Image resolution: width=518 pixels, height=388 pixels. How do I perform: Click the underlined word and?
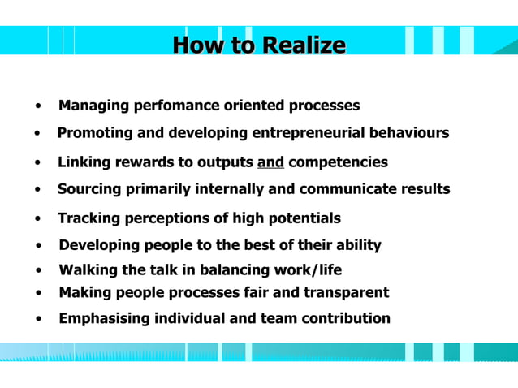[270, 162]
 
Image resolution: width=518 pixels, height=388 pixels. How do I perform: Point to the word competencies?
[338, 162]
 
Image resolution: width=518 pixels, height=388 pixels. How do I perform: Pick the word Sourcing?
[90, 189]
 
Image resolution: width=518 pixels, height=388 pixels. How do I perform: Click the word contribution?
[346, 318]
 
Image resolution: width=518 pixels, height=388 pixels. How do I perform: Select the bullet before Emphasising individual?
[39, 319]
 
